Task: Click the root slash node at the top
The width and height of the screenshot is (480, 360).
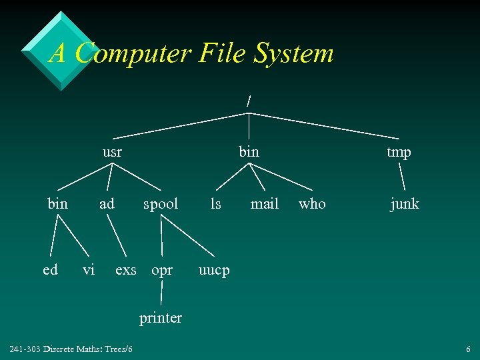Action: [249, 101]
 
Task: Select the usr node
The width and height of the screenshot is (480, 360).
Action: [112, 152]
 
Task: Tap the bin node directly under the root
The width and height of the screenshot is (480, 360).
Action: [249, 152]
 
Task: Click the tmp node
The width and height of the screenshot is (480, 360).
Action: [399, 152]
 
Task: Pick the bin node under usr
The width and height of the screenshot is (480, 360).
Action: [58, 203]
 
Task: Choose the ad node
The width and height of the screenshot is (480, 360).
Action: [107, 203]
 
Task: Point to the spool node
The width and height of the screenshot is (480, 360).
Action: [161, 204]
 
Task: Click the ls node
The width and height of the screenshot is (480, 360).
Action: [215, 203]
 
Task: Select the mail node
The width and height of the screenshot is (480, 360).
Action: [264, 203]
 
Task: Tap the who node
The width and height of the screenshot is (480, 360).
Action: [312, 203]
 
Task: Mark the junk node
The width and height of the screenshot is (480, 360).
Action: [405, 204]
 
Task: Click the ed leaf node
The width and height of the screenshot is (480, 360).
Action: [50, 269]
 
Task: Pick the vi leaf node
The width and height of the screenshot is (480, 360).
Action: [88, 269]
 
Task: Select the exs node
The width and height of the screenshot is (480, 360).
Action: [126, 269]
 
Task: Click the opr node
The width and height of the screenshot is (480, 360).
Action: [162, 271]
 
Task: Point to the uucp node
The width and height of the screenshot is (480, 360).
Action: [214, 271]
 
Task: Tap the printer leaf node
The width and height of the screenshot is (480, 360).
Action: [161, 318]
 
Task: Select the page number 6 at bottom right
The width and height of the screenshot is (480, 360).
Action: [469, 349]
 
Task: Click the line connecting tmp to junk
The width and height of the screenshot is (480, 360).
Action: [403, 178]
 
